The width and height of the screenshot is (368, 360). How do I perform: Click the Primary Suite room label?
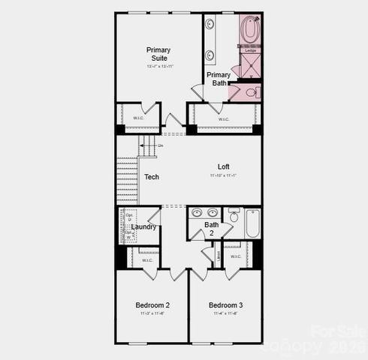pyautogui.click(x=158, y=54)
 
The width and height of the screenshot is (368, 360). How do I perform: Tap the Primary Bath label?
pyautogui.click(x=219, y=79)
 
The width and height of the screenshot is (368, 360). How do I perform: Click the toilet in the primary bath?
pyautogui.click(x=252, y=92)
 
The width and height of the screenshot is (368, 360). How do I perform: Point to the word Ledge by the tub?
pyautogui.click(x=250, y=50)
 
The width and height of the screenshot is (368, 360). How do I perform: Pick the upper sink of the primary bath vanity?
pyautogui.click(x=210, y=24)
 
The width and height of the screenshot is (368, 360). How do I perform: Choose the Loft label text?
pyautogui.click(x=224, y=166)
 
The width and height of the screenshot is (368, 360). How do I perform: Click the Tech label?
pyautogui.click(x=151, y=177)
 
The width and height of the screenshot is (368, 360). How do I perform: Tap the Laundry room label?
pyautogui.click(x=143, y=226)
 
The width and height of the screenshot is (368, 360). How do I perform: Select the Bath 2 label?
pyautogui.click(x=212, y=228)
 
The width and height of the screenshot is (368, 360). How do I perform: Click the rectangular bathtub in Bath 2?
pyautogui.click(x=252, y=223)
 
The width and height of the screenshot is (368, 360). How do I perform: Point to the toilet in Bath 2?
pyautogui.click(x=234, y=216)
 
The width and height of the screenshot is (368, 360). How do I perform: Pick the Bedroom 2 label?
pyautogui.click(x=152, y=305)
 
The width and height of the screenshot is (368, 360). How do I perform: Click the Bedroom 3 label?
pyautogui.click(x=225, y=305)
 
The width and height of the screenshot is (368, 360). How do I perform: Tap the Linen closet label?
pyautogui.click(x=217, y=256)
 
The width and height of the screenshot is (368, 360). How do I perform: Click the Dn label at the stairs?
pyautogui.click(x=160, y=145)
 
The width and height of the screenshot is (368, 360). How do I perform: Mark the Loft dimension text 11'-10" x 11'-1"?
pyautogui.click(x=224, y=175)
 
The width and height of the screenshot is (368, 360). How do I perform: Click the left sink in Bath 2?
pyautogui.click(x=196, y=212)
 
